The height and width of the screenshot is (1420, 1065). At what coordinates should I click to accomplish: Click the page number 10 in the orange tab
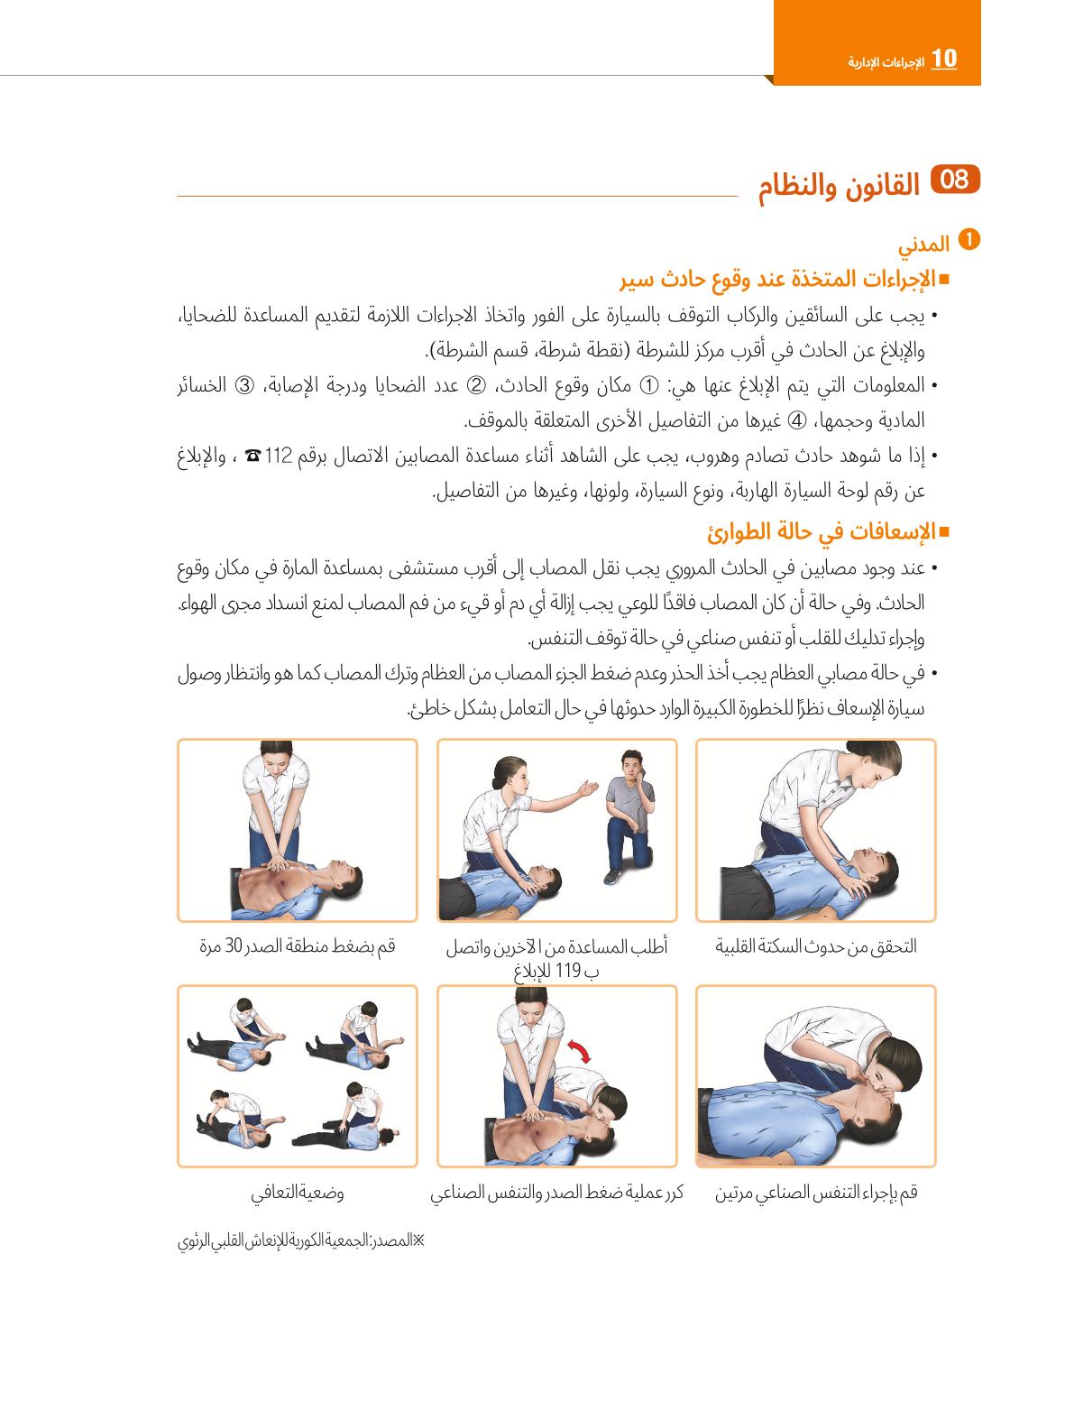pos(943,60)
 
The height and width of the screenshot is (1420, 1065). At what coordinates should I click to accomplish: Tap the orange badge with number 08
pos(954,180)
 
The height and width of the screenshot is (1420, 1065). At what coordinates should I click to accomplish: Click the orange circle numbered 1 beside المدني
pos(969,240)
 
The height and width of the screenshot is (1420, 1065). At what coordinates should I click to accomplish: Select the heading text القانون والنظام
pos(839,186)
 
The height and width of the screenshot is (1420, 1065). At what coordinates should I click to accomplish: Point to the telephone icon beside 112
pos(252,456)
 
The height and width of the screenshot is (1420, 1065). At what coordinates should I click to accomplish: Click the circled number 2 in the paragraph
pos(476,386)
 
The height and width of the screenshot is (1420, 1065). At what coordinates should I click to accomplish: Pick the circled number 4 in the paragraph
pos(798,421)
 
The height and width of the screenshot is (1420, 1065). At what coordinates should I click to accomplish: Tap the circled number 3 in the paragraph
pos(244,386)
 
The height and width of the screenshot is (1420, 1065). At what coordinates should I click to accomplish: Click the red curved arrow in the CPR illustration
pos(580,1051)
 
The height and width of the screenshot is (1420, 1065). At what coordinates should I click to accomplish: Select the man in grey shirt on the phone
pos(629,816)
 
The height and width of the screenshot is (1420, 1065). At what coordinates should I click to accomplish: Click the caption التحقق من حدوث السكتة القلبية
pos(816,947)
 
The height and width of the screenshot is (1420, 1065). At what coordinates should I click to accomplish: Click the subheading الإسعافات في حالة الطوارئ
pos(829,532)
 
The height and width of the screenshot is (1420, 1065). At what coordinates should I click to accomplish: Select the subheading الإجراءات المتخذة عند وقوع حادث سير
pos(785,280)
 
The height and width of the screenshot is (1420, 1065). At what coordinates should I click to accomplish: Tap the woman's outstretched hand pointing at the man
pos(588,789)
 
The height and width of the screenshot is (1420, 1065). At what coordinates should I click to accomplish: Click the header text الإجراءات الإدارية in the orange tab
pos(886,62)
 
